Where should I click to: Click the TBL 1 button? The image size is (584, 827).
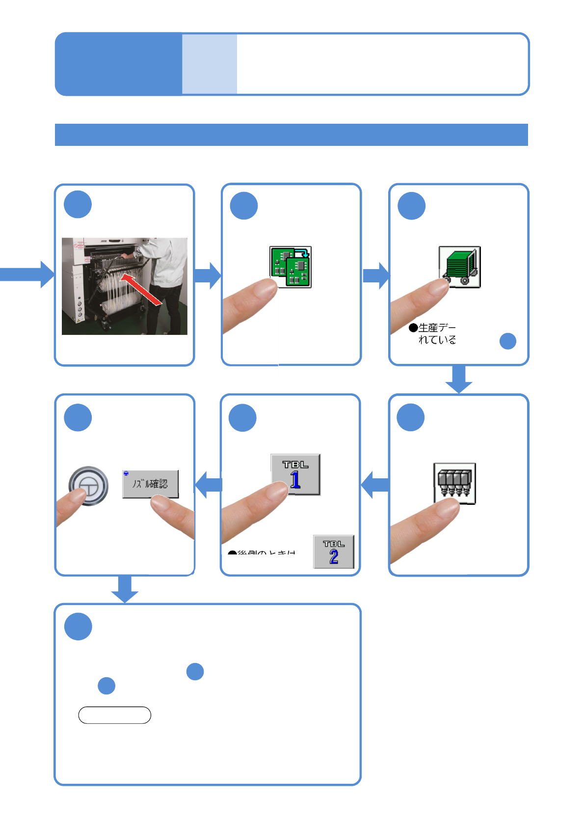pyautogui.click(x=295, y=474)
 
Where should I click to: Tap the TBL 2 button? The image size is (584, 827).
pyautogui.click(x=334, y=551)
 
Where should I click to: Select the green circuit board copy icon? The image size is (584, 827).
pyautogui.click(x=291, y=267)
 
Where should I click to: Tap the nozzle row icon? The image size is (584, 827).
pyautogui.click(x=454, y=483)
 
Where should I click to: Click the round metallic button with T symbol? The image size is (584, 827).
pyautogui.click(x=88, y=486)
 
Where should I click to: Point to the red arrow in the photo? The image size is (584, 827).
pyautogui.click(x=141, y=290)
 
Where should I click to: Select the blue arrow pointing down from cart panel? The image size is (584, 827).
pyautogui.click(x=459, y=379)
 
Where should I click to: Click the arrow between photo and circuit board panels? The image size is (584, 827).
pyautogui.click(x=208, y=275)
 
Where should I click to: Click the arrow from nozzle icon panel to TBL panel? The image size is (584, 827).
pyautogui.click(x=375, y=485)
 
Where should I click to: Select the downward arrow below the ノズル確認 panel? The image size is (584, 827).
pyautogui.click(x=125, y=589)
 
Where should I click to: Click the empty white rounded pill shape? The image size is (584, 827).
pyautogui.click(x=114, y=715)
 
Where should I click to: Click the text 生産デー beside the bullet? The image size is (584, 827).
pyautogui.click(x=437, y=328)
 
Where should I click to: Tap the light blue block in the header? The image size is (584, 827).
pyautogui.click(x=210, y=64)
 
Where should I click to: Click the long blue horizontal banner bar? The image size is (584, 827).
pyautogui.click(x=291, y=135)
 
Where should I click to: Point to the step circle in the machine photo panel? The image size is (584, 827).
pyautogui.click(x=78, y=205)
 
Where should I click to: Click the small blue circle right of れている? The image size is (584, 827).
pyautogui.click(x=508, y=341)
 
